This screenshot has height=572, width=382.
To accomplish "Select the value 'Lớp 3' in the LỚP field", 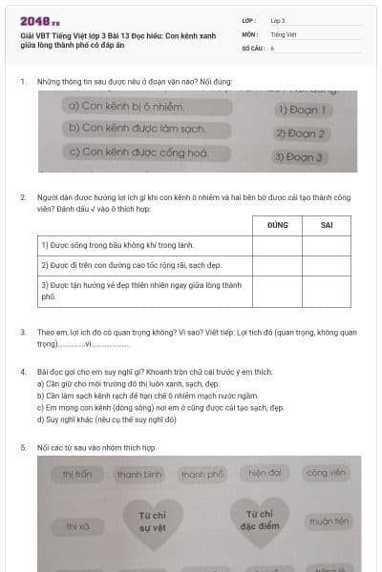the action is [278, 20].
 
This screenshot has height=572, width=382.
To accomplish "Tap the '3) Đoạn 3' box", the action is [298, 157].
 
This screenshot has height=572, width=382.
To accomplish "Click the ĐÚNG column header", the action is [277, 225].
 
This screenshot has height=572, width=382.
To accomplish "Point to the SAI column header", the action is [327, 225].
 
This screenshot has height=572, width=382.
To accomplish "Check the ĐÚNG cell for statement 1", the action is [277, 245].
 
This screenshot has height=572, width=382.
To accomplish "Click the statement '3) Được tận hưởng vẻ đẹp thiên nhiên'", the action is [141, 291].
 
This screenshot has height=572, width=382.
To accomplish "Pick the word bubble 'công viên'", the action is [325, 473].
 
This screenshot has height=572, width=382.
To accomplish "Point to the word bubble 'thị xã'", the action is [77, 525].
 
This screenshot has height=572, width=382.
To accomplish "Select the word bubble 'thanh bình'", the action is [139, 474].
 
